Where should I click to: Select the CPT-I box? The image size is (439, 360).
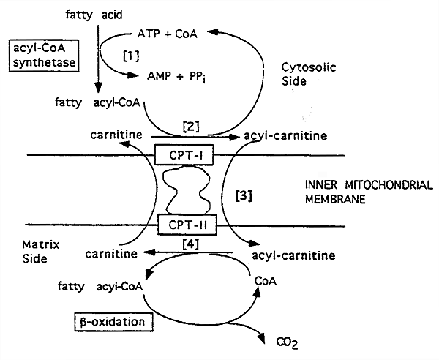[x=181, y=154]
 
